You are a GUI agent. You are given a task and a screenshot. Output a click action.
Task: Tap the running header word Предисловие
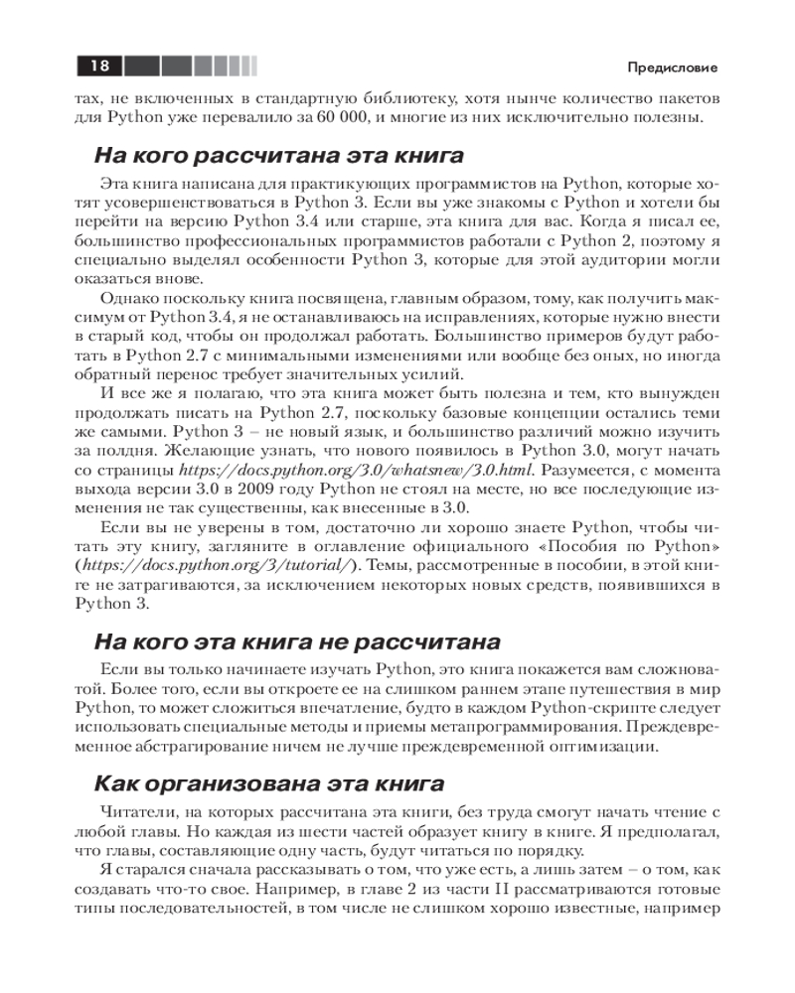pos(673,68)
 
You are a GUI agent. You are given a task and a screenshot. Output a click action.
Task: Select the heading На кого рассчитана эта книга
pos(279,156)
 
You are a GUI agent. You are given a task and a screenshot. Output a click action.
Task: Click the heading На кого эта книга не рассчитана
pos(296,641)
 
